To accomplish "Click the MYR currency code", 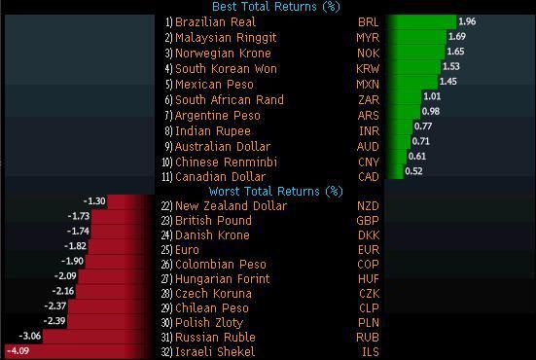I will (x=368, y=37).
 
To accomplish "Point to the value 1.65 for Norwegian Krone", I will (x=454, y=53).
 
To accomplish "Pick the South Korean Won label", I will (x=226, y=68).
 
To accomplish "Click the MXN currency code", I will (x=368, y=84).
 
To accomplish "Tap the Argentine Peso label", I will (x=219, y=115).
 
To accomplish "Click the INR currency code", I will (x=368, y=130).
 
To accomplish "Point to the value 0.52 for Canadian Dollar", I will (x=413, y=171).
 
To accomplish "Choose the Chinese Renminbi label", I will (x=226, y=161).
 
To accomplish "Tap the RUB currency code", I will (x=368, y=337).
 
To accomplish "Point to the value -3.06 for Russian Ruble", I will (x=30, y=336).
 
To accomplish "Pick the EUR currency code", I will (x=368, y=249).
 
